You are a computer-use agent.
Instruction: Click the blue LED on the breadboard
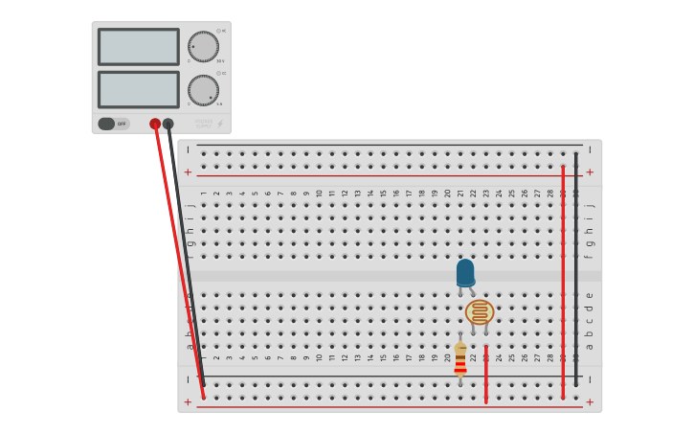465,272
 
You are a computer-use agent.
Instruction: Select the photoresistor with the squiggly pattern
480,312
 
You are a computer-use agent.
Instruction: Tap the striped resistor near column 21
460,360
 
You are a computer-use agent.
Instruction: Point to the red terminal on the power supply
155,124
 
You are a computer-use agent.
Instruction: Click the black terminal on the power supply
168,124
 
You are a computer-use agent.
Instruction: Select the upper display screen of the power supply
138,47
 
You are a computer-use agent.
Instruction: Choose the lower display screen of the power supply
138,90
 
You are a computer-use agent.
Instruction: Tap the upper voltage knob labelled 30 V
203,46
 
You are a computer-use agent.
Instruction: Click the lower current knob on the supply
203,90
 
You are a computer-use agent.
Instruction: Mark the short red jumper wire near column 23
486,374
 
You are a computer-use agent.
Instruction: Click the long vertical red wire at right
563,278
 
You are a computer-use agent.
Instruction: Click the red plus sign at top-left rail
188,172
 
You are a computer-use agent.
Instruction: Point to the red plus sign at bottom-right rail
590,402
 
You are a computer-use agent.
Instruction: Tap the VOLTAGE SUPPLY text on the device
204,123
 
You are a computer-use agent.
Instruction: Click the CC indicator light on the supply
218,73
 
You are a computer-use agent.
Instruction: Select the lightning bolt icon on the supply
220,124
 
